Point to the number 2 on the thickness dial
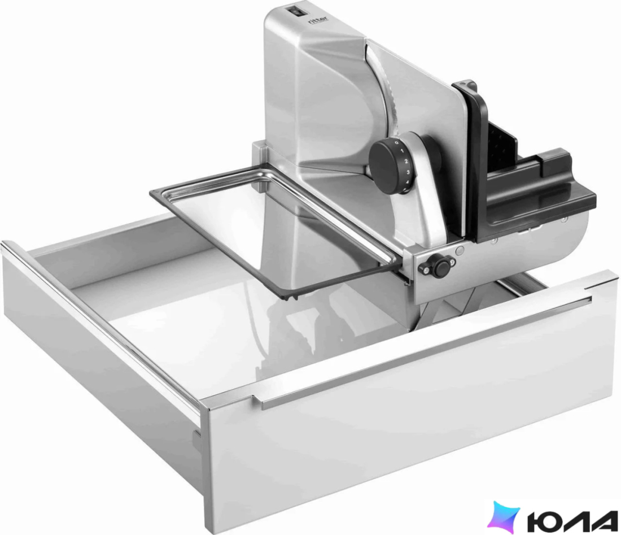click(x=405, y=162)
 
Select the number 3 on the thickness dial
click(x=407, y=172)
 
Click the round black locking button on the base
click(x=439, y=266)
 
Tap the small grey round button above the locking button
click(x=460, y=250)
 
